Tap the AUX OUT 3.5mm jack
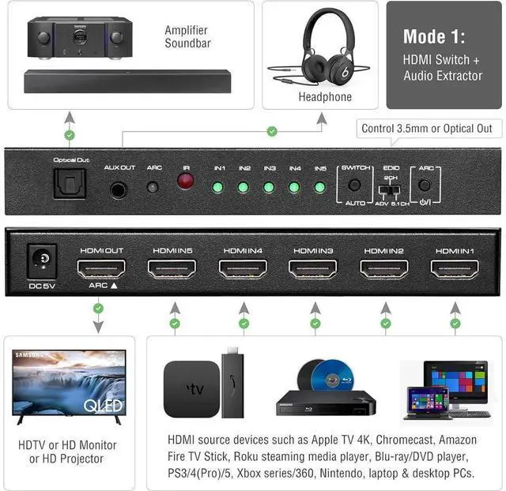click(x=119, y=189)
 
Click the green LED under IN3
click(x=269, y=187)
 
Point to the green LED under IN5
click(x=320, y=187)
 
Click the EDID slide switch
click(x=390, y=190)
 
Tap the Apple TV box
click(x=191, y=388)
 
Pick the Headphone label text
click(x=325, y=97)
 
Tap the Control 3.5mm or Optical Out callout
click(x=426, y=129)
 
